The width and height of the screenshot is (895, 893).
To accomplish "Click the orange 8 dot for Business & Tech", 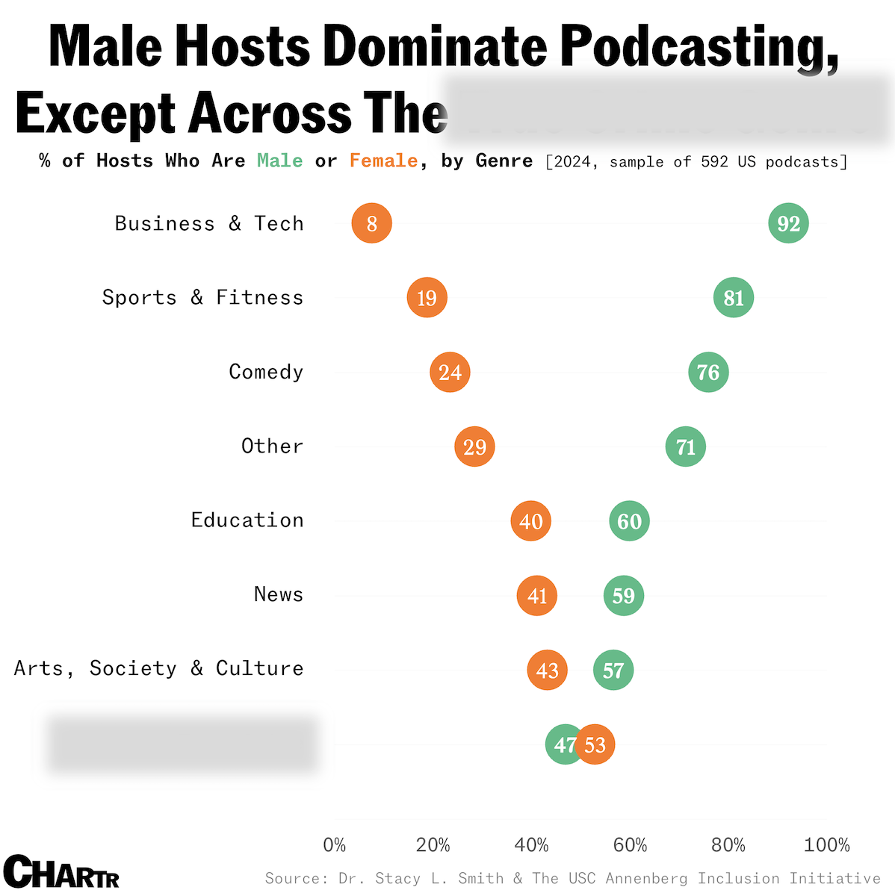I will (371, 223).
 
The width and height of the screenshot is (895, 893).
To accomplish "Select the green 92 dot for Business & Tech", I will (788, 223).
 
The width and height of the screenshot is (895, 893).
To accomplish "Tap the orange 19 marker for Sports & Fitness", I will (427, 298).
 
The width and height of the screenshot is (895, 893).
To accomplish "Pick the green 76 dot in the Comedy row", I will (708, 372).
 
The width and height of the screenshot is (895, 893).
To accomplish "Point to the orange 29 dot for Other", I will (474, 446).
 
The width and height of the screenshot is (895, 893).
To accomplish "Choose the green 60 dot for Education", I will (629, 521).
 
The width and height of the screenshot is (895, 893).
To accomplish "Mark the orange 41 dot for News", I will (536, 596).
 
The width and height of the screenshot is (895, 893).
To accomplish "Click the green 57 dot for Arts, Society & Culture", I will (613, 670).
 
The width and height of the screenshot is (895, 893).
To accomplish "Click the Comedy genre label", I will (266, 372).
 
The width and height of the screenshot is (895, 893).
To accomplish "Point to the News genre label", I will (279, 594).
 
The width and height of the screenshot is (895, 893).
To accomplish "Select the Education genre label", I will (247, 520).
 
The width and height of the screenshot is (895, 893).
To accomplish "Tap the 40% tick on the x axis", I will (531, 845).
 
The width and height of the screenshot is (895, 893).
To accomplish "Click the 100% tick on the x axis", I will (826, 845).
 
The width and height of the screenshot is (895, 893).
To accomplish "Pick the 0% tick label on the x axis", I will (335, 845).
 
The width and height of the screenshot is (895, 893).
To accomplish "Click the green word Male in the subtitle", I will (280, 161).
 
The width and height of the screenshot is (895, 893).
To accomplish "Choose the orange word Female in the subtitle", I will (383, 161).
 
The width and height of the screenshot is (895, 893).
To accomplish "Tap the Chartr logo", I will (61, 871).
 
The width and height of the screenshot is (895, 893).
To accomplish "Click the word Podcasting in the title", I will (699, 46).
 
